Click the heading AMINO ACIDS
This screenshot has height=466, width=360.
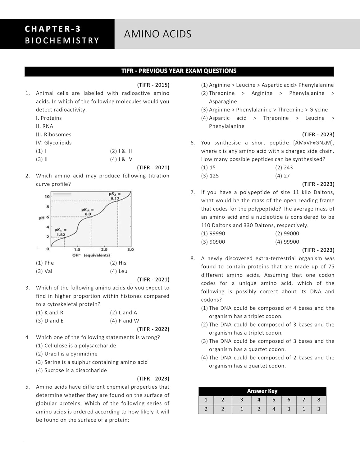click(x=157, y=34)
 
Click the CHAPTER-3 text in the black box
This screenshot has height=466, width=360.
click(x=53, y=29)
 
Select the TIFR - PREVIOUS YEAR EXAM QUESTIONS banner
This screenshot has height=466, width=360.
click(x=179, y=71)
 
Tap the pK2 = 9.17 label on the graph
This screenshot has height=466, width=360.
click(x=115, y=196)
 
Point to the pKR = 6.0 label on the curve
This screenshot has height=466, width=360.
click(x=88, y=212)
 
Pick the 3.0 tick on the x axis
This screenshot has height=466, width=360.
click(x=130, y=249)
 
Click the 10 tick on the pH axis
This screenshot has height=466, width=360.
click(x=47, y=197)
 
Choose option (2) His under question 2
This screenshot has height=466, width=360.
click(x=118, y=263)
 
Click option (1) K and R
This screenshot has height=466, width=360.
click(x=50, y=313)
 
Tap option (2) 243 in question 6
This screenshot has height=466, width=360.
click(x=284, y=167)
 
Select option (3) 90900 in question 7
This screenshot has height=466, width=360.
click(x=213, y=242)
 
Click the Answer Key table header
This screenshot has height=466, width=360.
click(x=262, y=391)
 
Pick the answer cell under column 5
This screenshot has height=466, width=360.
click(x=274, y=409)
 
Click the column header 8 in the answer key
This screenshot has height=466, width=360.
click(x=319, y=400)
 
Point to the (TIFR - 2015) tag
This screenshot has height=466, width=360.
click(x=153, y=85)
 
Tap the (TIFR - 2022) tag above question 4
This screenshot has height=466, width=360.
click(x=153, y=329)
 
